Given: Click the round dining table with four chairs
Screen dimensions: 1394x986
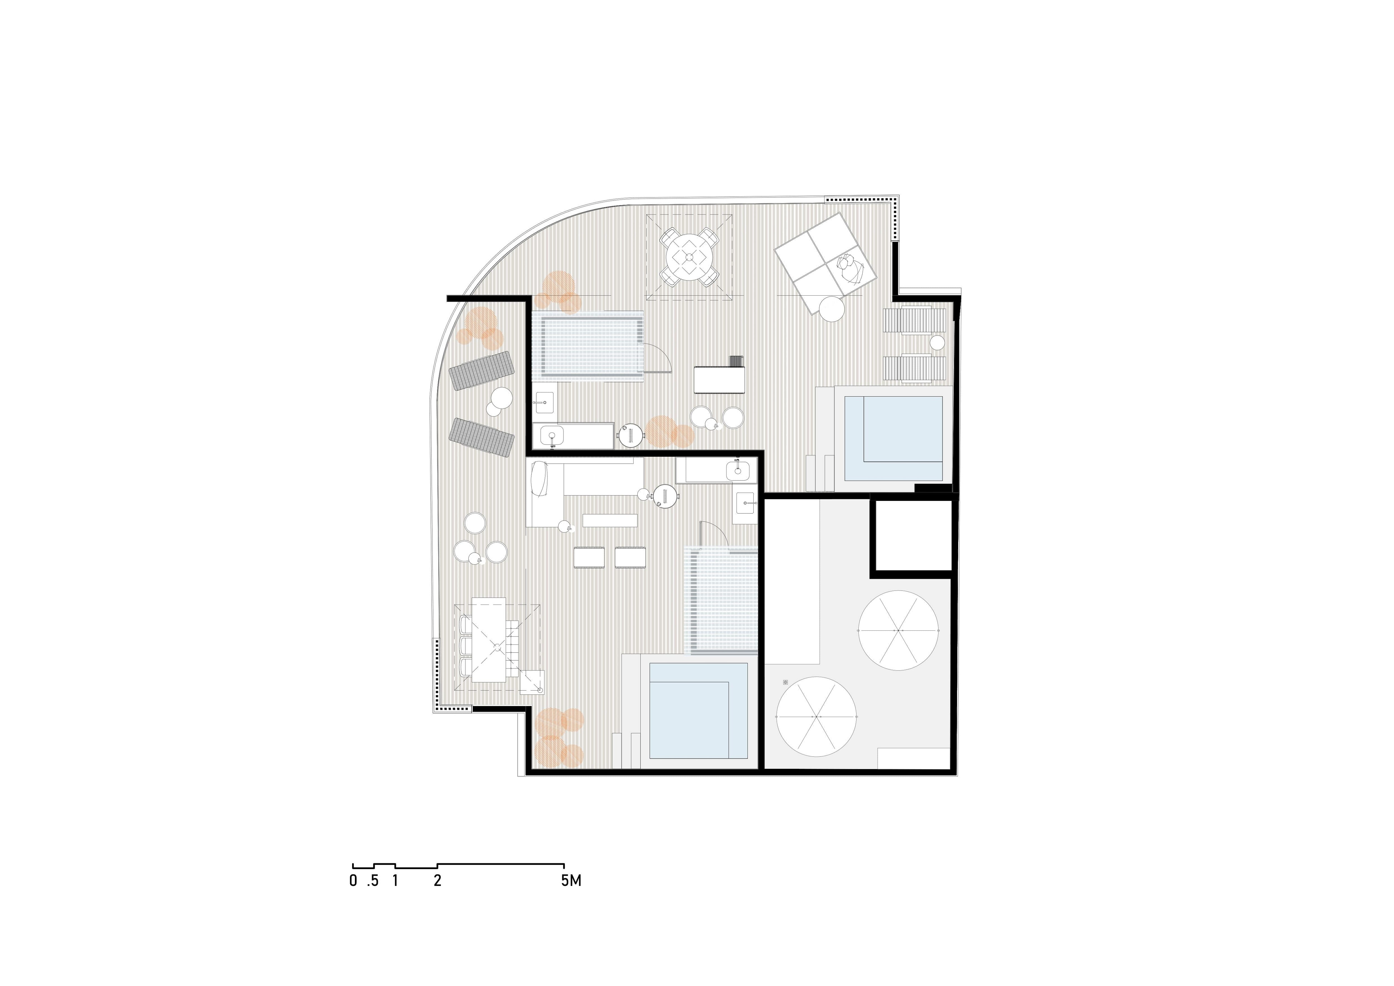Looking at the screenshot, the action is coord(689,257).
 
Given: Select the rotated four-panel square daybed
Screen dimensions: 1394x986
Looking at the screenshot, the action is coord(826,263).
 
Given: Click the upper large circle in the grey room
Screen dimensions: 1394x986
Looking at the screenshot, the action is coord(899,631).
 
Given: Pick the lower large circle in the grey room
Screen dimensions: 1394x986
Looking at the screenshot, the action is coord(817,717).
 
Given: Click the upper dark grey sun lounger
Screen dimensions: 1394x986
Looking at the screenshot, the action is coord(481,371).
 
